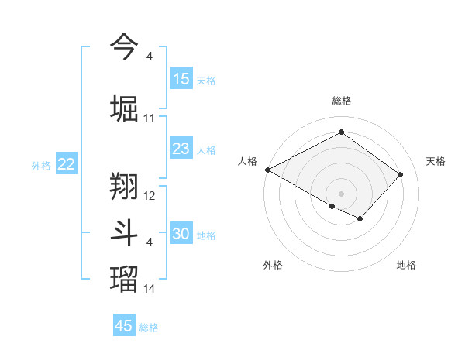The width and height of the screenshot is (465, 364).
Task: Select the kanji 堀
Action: pyautogui.click(x=125, y=108)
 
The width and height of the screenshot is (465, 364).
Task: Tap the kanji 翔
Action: pyautogui.click(x=125, y=187)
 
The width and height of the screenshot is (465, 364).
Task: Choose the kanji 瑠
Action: pyautogui.click(x=125, y=279)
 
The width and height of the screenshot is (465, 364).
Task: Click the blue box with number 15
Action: pyautogui.click(x=181, y=79)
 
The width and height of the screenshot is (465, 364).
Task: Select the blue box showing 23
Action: pyautogui.click(x=181, y=149)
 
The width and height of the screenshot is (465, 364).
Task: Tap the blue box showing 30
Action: pyautogui.click(x=181, y=234)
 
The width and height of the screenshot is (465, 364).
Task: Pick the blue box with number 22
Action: pyautogui.click(x=67, y=164)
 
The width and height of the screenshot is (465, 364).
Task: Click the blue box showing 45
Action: pyautogui.click(x=124, y=326)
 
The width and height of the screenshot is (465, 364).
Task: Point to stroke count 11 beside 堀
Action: pyautogui.click(x=150, y=118)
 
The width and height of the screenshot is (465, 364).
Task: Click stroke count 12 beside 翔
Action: pyautogui.click(x=150, y=197)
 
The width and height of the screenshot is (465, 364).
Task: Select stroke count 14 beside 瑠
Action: pyautogui.click(x=150, y=289)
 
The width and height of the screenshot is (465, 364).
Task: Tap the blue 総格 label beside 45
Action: pyautogui.click(x=149, y=328)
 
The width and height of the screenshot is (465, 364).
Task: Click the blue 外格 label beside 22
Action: pyautogui.click(x=41, y=165)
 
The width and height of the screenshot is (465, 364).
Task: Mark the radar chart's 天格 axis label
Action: pyautogui.click(x=436, y=161)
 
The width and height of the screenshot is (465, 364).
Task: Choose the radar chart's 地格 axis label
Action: pyautogui.click(x=406, y=265)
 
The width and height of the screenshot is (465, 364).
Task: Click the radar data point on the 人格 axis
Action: pyautogui.click(x=267, y=170)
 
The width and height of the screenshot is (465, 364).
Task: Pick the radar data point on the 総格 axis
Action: pyautogui.click(x=341, y=132)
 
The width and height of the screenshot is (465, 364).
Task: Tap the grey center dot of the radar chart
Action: pyautogui.click(x=341, y=193)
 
